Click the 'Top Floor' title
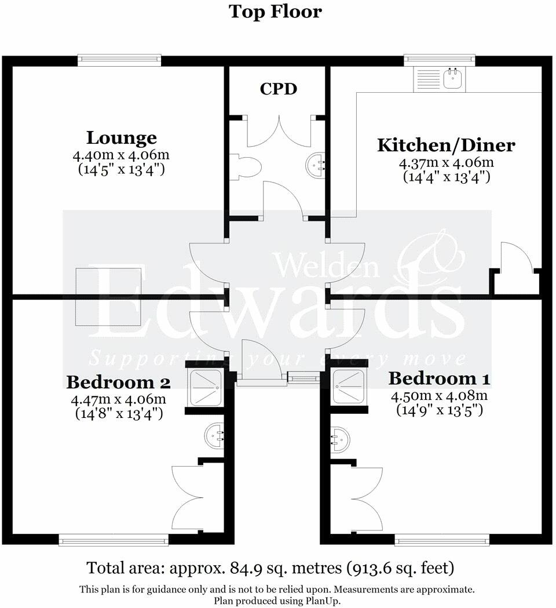(x=275, y=12)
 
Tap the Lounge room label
(x=122, y=138)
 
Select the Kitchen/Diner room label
(x=446, y=145)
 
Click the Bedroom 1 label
(x=439, y=379)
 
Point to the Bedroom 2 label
(x=118, y=383)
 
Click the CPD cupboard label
(x=278, y=89)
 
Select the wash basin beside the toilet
(x=314, y=163)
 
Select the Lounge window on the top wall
(x=119, y=58)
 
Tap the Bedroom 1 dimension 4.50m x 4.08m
(x=439, y=396)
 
